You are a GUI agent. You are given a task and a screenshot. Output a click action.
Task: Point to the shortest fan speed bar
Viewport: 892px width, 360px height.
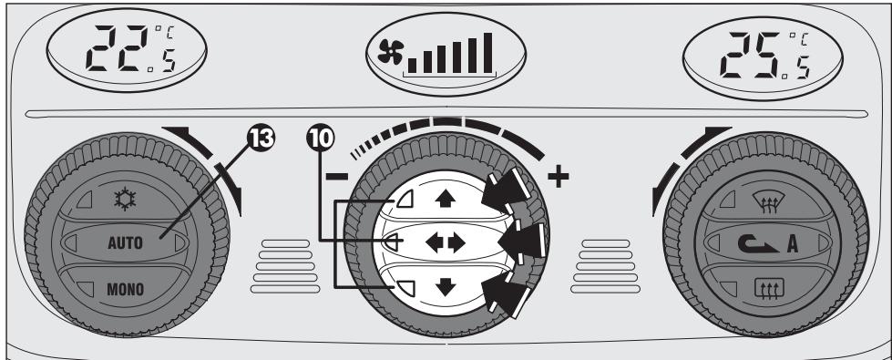click(x=414, y=64)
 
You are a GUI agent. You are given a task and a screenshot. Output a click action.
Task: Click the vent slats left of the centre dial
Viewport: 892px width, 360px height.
click(x=283, y=264)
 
